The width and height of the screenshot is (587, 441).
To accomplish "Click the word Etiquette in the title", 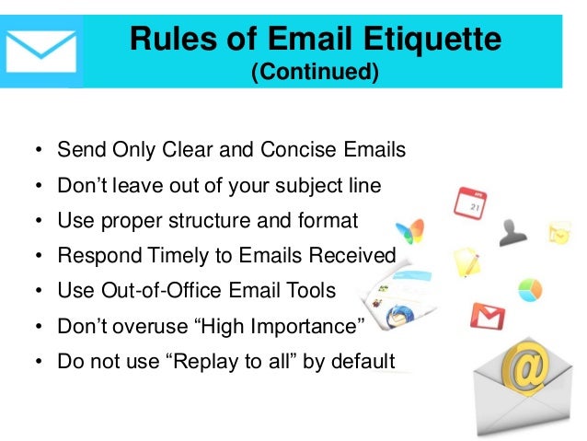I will click(436, 40).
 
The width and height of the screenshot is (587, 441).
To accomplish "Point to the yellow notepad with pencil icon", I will click(465, 261).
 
